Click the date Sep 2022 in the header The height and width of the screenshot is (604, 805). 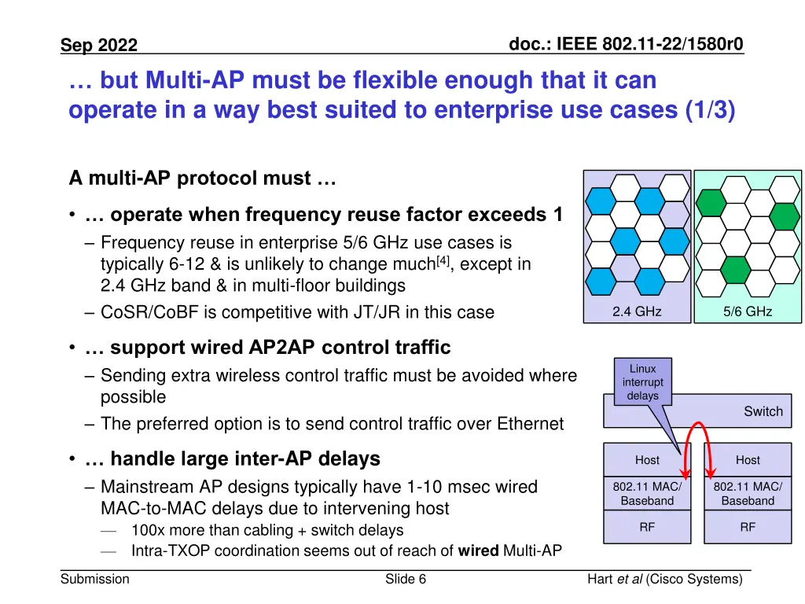point(99,46)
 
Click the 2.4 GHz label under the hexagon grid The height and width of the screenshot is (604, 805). point(637,311)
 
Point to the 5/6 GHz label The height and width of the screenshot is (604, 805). point(748,311)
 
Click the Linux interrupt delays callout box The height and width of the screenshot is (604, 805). point(642,382)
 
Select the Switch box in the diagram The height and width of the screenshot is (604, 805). point(763,411)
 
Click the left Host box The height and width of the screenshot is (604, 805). point(647,460)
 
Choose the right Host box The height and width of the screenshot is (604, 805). point(748,460)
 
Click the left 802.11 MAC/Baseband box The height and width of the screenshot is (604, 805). point(647,493)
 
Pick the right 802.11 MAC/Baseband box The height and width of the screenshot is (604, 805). point(748,493)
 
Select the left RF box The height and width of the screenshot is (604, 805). point(647,528)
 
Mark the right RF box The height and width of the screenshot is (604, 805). point(748,528)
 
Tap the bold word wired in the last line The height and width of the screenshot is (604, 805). point(479,551)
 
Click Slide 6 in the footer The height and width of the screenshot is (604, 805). point(406,580)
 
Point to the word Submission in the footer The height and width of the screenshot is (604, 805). point(95,580)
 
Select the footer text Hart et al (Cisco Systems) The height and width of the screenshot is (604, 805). point(664,580)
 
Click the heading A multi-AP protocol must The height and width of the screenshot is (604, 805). point(202,179)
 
